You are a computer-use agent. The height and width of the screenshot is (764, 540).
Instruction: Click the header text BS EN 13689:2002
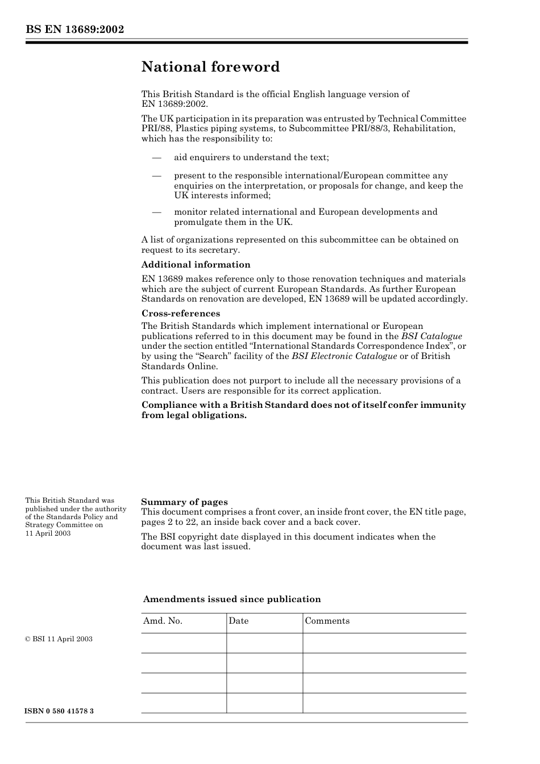pos(74,30)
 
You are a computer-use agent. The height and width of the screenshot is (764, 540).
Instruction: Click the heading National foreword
pos(210,67)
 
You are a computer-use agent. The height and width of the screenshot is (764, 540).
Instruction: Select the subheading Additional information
pos(196,265)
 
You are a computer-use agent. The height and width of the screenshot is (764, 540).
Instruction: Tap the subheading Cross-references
pos(180,314)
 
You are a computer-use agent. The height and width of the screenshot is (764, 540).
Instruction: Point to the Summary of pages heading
pos(184,502)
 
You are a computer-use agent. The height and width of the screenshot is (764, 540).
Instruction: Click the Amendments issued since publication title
pos(232,599)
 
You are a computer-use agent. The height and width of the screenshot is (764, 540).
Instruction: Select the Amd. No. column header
pos(163,621)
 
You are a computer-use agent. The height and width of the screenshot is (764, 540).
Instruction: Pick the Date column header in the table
pos(239,621)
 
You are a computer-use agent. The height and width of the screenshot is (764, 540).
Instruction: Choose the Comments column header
pos(327,621)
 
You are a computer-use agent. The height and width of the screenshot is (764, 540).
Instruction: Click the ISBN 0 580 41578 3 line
pos(59,711)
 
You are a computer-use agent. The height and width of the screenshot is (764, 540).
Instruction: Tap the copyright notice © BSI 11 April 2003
pos(59,639)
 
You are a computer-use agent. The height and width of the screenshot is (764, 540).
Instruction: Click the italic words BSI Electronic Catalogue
pos(344,356)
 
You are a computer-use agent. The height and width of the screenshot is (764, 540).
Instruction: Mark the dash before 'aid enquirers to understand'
pos(157,157)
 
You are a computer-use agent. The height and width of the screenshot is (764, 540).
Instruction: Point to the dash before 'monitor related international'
pos(157,212)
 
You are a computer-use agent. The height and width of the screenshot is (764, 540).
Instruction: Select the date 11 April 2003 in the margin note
pos(48,533)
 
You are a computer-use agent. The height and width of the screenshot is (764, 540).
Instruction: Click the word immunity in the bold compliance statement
pos(442,405)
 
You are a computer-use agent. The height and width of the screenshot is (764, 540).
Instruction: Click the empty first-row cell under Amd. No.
pos(184,643)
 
